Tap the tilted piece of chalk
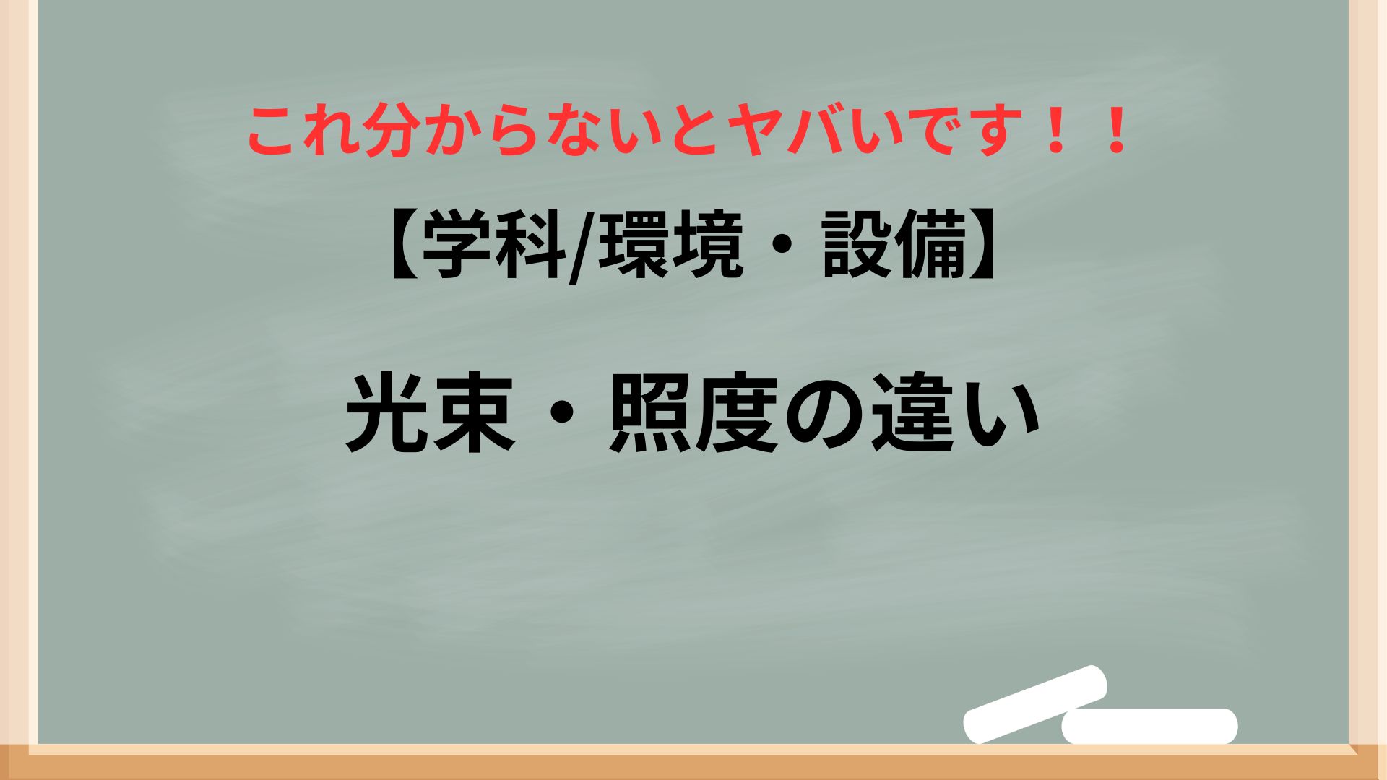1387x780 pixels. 1036,703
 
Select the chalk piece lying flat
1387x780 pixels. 1149,726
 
